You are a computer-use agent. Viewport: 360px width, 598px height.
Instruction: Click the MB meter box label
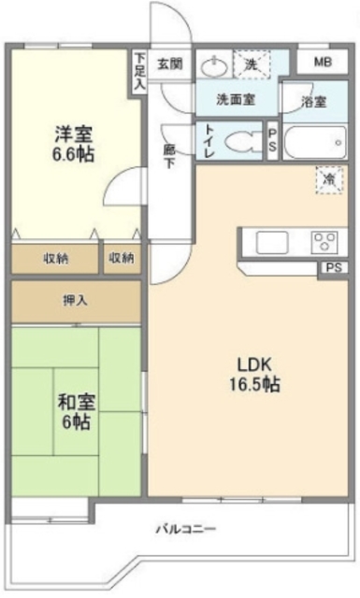coord(323,62)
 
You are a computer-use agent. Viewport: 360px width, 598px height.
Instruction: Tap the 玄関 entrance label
coord(170,64)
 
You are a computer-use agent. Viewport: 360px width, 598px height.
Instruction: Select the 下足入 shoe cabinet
coord(139,72)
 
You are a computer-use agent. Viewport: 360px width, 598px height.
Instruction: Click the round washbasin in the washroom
coord(214,67)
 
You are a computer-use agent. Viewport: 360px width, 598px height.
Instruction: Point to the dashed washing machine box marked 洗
coord(252,64)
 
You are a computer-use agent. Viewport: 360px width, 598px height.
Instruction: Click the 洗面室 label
coord(236,100)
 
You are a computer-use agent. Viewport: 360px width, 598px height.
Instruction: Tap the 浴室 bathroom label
coord(314,102)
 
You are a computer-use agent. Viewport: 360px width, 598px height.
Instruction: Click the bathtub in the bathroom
coord(315,142)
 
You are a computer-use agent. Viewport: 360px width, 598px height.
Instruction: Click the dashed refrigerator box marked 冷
coord(329,179)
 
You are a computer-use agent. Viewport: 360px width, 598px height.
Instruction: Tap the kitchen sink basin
coord(272,242)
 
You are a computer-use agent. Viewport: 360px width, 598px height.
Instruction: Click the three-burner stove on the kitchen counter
coord(324,242)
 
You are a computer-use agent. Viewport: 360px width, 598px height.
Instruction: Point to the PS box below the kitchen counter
coord(334,268)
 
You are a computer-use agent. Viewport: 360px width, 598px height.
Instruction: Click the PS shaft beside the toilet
coord(273,140)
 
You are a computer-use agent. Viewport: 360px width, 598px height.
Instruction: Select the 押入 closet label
coord(75,301)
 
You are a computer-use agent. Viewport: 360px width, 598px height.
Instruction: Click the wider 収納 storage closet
coord(55,259)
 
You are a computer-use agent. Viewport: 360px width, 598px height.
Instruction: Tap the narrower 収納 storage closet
coord(122,259)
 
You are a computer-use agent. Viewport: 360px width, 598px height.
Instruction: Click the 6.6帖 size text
coord(73,154)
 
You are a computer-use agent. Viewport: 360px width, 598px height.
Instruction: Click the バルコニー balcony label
coord(186,529)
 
